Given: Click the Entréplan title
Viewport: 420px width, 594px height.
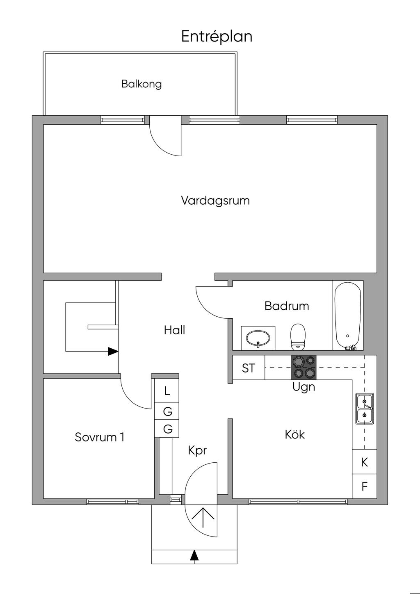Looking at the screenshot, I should tap(217, 37).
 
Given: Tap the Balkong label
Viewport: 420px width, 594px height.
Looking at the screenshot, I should tap(142, 84).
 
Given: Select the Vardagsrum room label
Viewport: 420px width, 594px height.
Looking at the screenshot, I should tap(215, 201).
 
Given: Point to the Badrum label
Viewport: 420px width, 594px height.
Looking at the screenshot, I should tap(287, 306).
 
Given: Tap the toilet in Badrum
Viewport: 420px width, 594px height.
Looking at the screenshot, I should tap(298, 336).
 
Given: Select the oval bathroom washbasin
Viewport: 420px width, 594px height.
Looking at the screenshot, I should tap(258, 338).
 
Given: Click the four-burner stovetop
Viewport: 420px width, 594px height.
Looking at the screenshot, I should tap(304, 367).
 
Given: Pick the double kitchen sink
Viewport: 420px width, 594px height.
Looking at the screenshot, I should tap(364, 408).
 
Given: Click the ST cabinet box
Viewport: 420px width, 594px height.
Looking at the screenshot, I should tap(249, 368).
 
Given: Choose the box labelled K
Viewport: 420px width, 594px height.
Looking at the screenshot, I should tap(364, 462).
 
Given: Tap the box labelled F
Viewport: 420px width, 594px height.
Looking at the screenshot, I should tap(364, 487).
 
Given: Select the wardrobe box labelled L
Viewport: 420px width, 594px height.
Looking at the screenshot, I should tap(167, 391).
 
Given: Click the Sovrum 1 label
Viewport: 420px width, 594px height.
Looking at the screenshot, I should tap(99, 437).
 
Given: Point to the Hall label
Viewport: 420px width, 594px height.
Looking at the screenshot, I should tap(175, 330).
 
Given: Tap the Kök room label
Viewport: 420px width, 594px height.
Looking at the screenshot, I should tap(295, 434).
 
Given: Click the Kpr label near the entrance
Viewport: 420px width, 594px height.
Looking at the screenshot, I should tap(197, 450).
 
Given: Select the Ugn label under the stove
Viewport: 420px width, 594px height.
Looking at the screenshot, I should tap(304, 387).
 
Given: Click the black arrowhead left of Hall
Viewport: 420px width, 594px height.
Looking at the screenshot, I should tap(113, 351).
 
